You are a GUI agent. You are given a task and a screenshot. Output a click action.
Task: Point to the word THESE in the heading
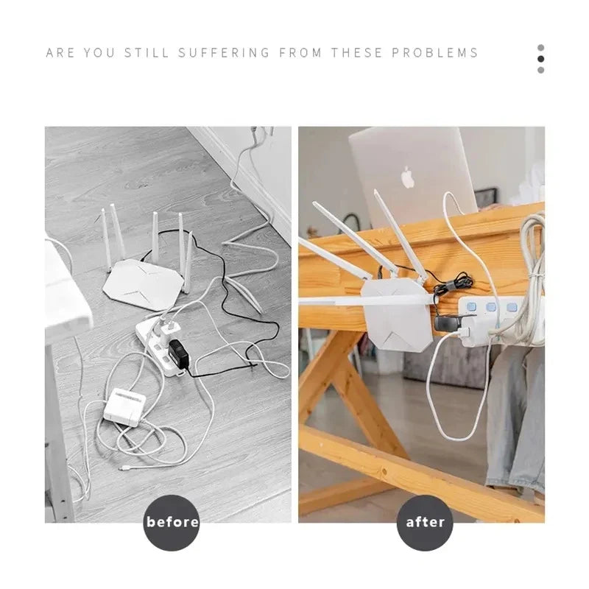coord(356,53)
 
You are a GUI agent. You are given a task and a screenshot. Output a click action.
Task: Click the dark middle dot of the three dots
coord(541,59)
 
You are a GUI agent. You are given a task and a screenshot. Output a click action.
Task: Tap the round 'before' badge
coord(172,522)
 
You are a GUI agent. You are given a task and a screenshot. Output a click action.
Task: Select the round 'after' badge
coord(426,522)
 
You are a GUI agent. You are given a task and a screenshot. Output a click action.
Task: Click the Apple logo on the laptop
coord(408,177)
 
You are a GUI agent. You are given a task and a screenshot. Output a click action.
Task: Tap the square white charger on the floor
coord(124,406)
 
